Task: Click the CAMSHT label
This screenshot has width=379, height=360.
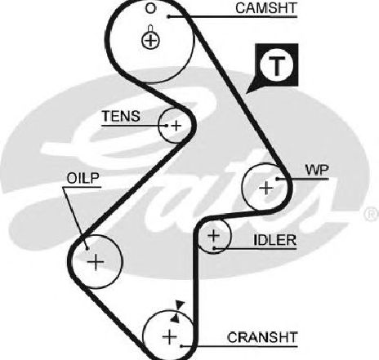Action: [x=266, y=8]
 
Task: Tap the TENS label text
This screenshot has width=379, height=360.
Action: [x=121, y=117]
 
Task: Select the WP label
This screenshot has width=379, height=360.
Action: [x=317, y=171]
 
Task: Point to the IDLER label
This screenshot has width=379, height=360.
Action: [x=274, y=240]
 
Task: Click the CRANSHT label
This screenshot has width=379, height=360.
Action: [x=262, y=337]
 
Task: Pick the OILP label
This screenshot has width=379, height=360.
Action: [x=83, y=178]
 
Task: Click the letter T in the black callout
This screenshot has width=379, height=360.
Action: [x=277, y=66]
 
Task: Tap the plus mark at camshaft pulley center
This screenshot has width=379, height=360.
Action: [x=150, y=41]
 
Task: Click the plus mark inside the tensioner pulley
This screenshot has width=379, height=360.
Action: [x=176, y=126]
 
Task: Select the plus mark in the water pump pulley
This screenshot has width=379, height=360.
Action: [x=266, y=188]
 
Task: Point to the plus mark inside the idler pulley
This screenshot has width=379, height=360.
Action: [x=214, y=235]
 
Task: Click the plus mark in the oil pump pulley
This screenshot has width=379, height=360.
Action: [x=96, y=262]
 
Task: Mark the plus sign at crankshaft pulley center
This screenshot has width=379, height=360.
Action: [x=170, y=336]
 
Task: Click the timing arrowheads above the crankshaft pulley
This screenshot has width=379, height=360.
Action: [x=178, y=312]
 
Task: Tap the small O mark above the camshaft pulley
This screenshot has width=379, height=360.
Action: [x=150, y=8]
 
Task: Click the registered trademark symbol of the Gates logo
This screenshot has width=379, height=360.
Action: [x=372, y=214]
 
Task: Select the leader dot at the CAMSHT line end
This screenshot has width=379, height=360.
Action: [x=168, y=17]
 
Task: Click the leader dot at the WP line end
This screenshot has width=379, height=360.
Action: [x=277, y=179]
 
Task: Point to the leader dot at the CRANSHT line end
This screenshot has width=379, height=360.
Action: [x=181, y=346]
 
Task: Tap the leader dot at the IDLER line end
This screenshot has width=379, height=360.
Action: [x=214, y=248]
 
